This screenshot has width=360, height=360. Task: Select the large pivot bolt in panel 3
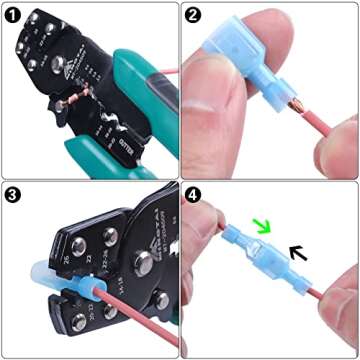click(141, 262)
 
